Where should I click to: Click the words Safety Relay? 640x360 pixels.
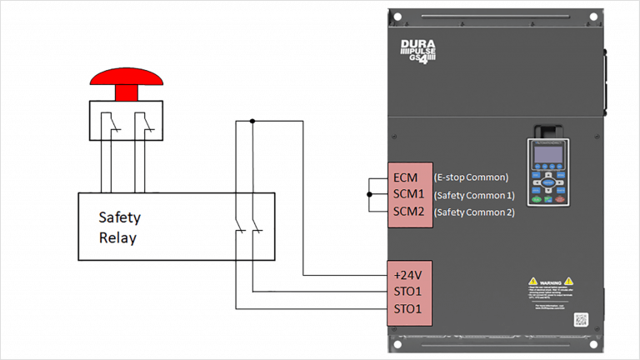(119, 227)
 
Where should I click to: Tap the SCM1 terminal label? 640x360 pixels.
(408, 194)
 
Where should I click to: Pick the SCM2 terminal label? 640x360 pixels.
(408, 212)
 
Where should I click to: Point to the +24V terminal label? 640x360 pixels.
(407, 275)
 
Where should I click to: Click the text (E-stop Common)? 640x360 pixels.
(471, 177)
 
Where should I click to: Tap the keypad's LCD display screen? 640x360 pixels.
(547, 155)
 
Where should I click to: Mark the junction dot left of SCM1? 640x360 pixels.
(369, 194)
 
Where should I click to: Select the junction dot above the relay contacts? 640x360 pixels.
(252, 121)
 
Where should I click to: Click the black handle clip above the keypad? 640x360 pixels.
(546, 129)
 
